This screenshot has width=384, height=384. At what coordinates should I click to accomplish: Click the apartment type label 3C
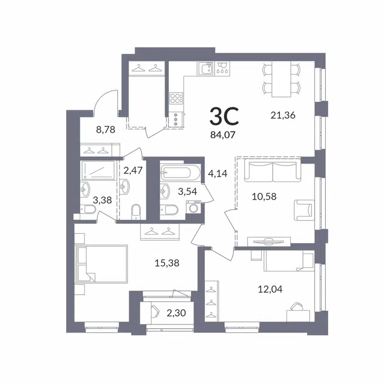point(224,116)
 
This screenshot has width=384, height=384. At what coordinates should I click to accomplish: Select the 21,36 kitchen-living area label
point(283,115)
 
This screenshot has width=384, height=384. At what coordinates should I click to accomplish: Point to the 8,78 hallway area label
point(106,129)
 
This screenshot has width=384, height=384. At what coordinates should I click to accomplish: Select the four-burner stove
point(176,98)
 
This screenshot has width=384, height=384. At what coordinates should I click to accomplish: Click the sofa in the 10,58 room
point(272,172)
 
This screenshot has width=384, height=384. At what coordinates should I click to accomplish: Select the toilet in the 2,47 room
point(135,211)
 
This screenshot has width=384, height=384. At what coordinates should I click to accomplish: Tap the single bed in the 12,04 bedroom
point(287,262)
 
